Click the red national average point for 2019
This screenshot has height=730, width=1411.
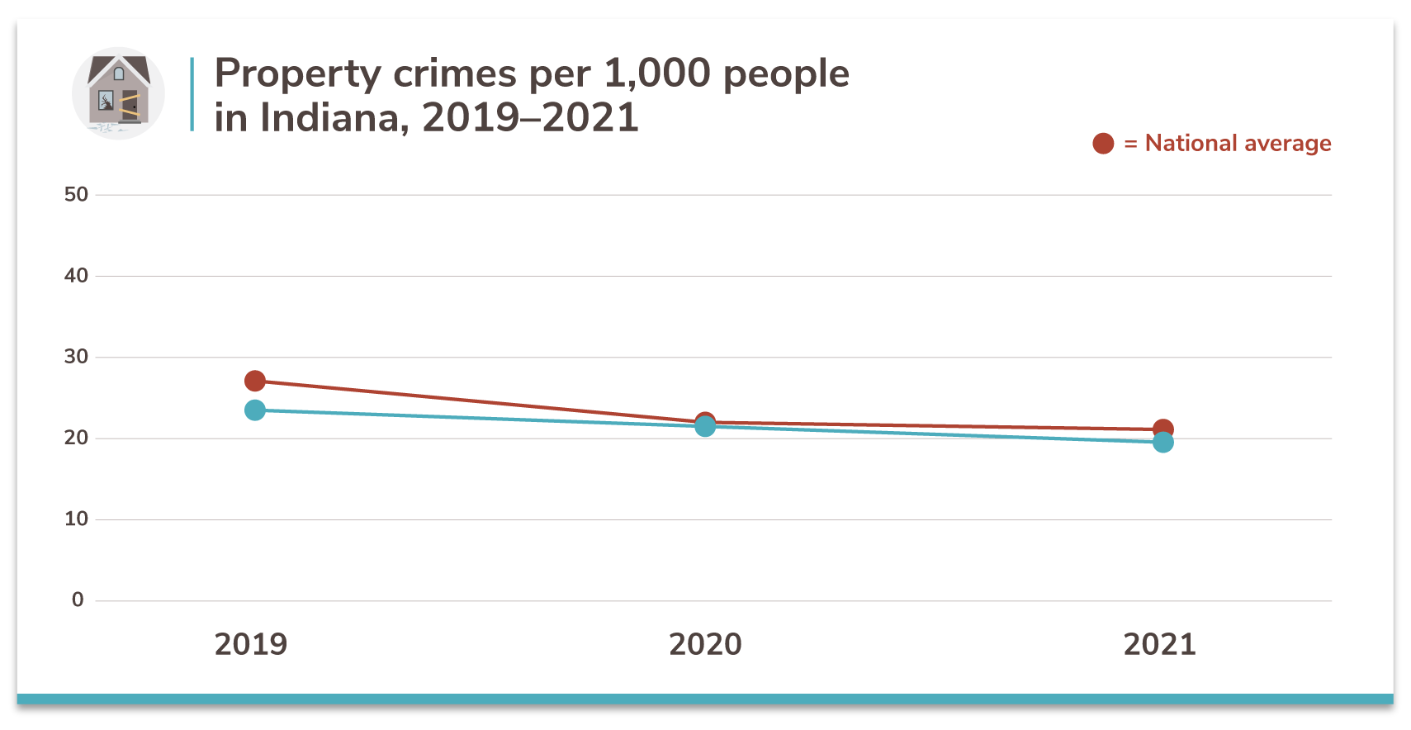(255, 381)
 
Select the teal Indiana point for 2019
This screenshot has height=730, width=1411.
(255, 410)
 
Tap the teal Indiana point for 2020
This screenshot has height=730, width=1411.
(705, 426)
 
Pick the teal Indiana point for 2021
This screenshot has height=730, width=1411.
(1162, 443)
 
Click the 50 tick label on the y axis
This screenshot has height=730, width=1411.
(76, 195)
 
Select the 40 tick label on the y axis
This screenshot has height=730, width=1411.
(76, 276)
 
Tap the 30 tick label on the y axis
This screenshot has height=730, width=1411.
(76, 357)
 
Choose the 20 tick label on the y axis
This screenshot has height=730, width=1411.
(76, 438)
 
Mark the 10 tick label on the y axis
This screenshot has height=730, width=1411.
(76, 519)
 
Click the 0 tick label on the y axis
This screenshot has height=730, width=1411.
(78, 600)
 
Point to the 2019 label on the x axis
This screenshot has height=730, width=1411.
(251, 644)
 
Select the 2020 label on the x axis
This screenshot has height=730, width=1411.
(705, 644)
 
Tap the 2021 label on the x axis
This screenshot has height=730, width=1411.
(1159, 644)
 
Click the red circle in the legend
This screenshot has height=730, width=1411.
(1103, 144)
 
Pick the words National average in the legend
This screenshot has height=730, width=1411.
(1238, 144)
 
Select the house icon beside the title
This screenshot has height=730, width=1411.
(118, 92)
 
